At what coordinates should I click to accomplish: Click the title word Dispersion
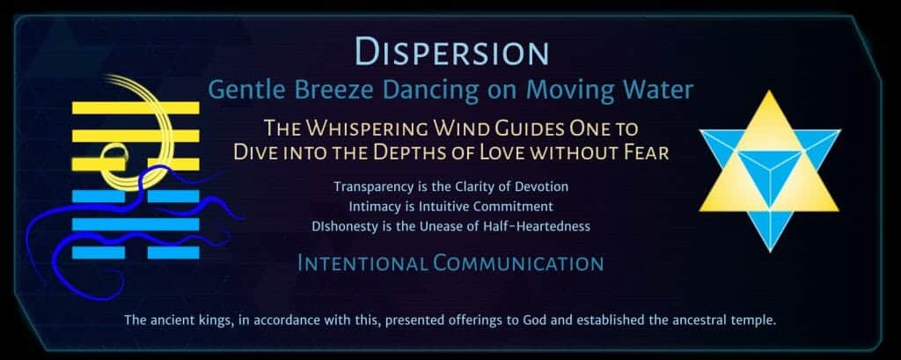[451, 50]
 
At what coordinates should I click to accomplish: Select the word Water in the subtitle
[658, 91]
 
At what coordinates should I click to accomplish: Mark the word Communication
[518, 263]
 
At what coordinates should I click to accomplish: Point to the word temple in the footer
[756, 320]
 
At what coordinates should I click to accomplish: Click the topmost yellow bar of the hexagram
[136, 107]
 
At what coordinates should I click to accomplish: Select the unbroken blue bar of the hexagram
[136, 224]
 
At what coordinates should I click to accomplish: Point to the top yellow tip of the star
[769, 92]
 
